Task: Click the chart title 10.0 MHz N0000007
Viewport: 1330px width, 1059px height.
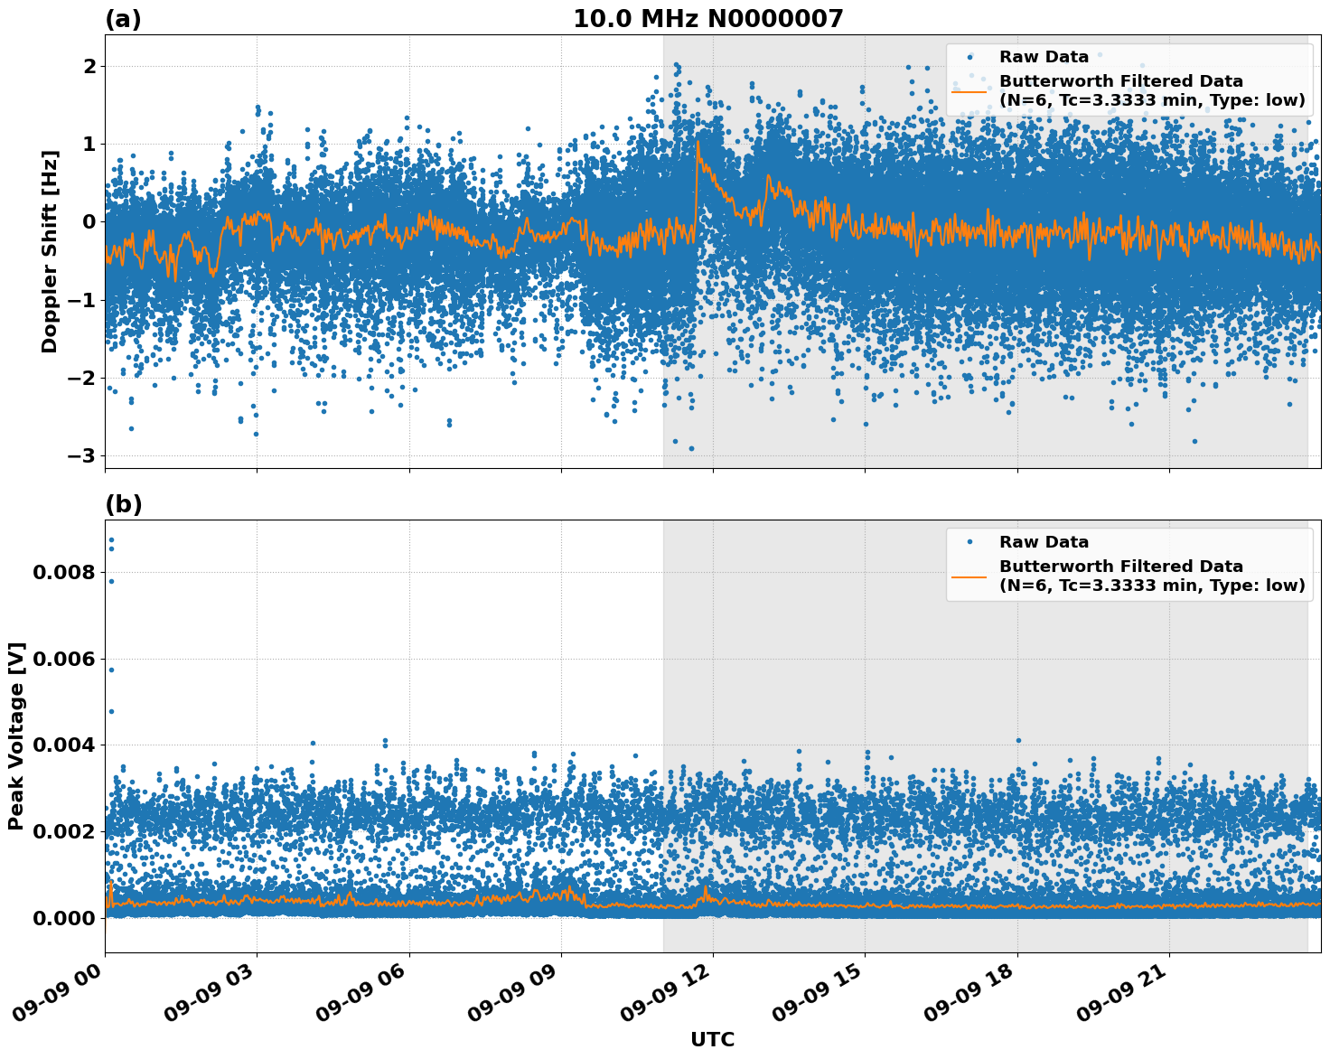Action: click(x=707, y=19)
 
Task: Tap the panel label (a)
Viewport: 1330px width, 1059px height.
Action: click(x=123, y=19)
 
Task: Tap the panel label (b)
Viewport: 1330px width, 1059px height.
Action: click(x=123, y=504)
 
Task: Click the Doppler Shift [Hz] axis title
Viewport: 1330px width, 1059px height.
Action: click(x=50, y=251)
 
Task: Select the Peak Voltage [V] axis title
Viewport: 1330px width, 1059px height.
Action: click(x=16, y=736)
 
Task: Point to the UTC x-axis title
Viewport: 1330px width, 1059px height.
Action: click(x=712, y=1039)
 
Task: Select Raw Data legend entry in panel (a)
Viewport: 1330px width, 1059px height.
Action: click(x=1044, y=57)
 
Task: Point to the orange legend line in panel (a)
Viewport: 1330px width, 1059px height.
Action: click(x=969, y=90)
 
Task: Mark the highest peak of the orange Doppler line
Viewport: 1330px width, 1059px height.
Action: click(x=698, y=142)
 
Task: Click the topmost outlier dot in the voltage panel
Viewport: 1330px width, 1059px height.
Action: click(x=111, y=539)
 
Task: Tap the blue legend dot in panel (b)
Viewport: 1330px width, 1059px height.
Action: click(x=969, y=542)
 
